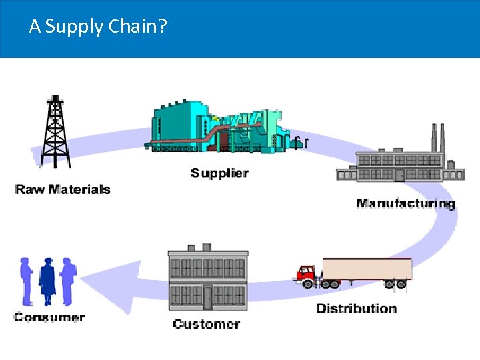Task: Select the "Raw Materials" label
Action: click(x=63, y=189)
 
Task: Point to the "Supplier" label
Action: click(x=219, y=173)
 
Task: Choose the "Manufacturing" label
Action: click(x=405, y=203)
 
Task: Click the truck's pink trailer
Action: click(x=366, y=269)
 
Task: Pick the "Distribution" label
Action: click(x=356, y=309)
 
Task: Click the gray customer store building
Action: click(x=207, y=280)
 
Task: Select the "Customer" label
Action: click(x=206, y=324)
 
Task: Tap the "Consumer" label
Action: click(x=49, y=317)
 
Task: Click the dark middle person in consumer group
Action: click(x=48, y=281)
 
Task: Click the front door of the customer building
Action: click(x=207, y=297)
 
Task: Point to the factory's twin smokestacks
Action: click(x=437, y=139)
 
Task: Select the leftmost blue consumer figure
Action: click(x=27, y=281)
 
